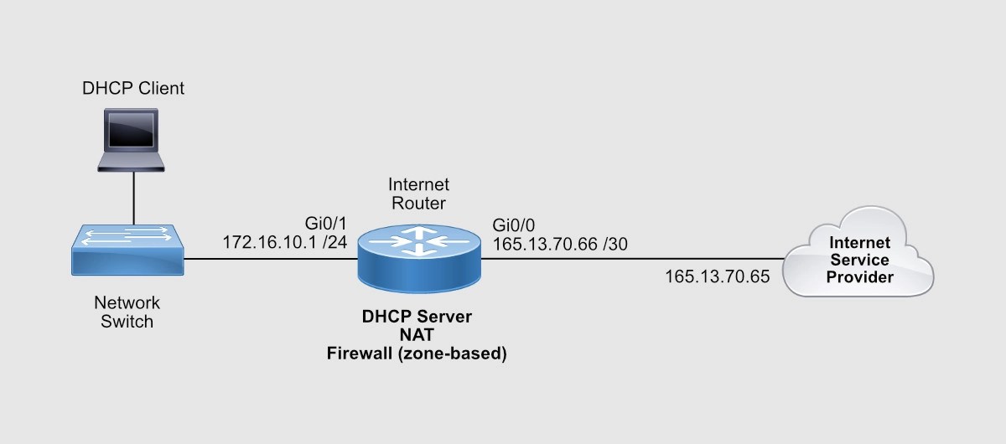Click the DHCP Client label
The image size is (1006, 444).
pos(132,89)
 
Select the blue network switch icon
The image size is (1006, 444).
pos(127,249)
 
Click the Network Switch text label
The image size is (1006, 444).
pos(127,311)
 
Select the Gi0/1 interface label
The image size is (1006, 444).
pos(326,225)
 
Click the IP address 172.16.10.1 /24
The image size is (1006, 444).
pos(283,242)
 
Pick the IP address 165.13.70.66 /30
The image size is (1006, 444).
pos(560,244)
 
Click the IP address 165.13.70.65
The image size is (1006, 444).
pos(717,276)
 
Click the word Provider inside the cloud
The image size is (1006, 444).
pos(859,276)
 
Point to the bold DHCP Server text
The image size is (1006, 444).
pos(417,318)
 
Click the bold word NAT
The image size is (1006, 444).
pos(417,336)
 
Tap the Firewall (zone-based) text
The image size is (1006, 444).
pos(417,354)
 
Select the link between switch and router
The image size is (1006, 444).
pos(268,258)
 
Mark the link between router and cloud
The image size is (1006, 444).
pos(629,258)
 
